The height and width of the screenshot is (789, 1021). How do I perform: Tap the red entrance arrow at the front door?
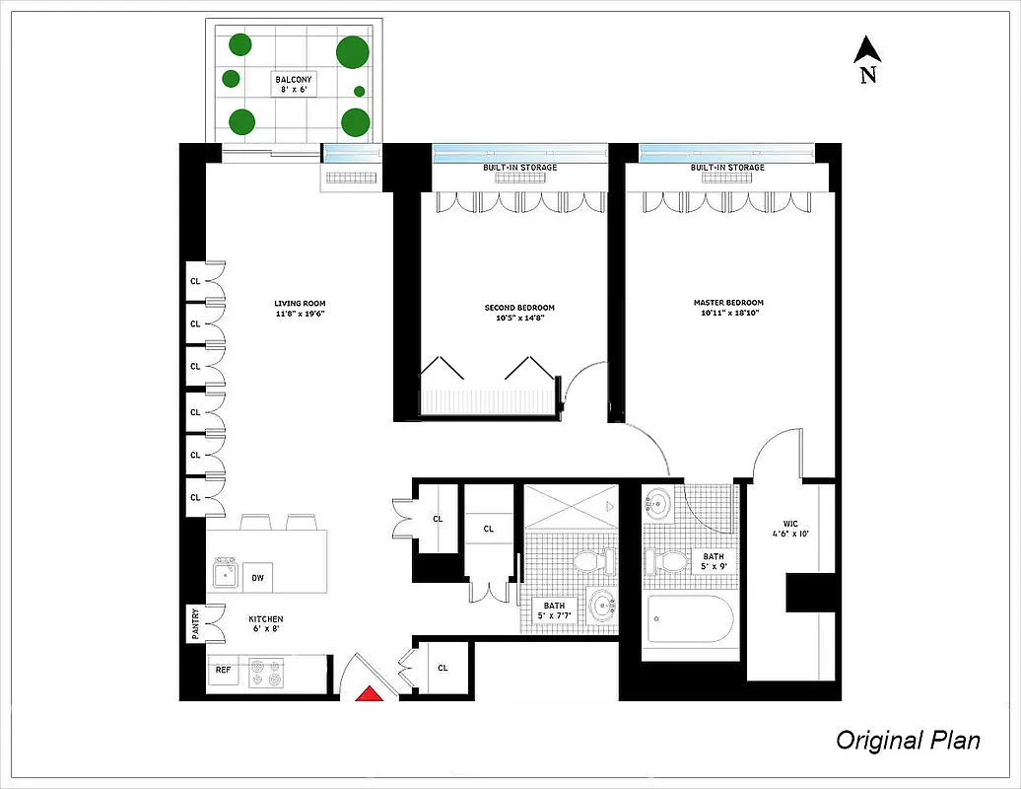pyautogui.click(x=369, y=693)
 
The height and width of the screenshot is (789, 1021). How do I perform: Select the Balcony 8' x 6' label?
pyautogui.click(x=294, y=85)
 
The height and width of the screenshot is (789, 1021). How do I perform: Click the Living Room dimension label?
pyautogui.click(x=300, y=309)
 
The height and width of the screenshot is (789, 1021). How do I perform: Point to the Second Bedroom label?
pyautogui.click(x=519, y=313)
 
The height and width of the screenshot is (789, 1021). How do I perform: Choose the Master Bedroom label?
pyautogui.click(x=727, y=308)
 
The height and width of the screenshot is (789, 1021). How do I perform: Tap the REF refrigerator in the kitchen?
pyautogui.click(x=224, y=671)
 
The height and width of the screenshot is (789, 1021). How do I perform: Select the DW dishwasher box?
pyautogui.click(x=257, y=578)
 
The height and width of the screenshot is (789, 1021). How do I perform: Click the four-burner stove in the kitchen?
pyautogui.click(x=266, y=672)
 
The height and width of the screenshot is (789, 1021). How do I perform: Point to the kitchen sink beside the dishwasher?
pyautogui.click(x=226, y=573)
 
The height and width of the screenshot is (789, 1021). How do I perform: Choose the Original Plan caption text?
pyautogui.click(x=908, y=740)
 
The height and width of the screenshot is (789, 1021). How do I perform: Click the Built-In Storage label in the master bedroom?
pyautogui.click(x=727, y=168)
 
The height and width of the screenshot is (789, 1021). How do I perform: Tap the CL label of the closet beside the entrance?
pyautogui.click(x=442, y=668)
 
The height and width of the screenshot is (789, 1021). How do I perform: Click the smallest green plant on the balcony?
pyautogui.click(x=359, y=92)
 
